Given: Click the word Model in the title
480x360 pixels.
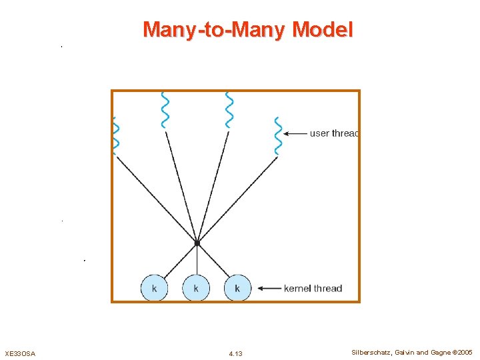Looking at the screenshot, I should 323,30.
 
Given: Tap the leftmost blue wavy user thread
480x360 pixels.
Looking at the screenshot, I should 115,136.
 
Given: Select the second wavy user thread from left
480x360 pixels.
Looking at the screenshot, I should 165,110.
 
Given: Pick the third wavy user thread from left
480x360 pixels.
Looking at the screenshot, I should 229,110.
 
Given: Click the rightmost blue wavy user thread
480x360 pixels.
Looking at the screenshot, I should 278,136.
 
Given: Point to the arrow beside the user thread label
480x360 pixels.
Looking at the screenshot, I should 295,134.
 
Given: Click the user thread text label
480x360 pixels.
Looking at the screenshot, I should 334,133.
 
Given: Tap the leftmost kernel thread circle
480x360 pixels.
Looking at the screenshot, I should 155,289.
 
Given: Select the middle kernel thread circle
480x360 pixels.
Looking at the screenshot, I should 196,289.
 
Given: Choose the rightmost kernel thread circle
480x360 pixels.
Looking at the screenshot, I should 237,289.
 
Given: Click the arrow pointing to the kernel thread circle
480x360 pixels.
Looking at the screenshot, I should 268,289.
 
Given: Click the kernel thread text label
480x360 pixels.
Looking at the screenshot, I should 313,289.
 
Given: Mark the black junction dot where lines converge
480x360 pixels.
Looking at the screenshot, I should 197,243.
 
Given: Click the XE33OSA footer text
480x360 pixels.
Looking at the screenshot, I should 20,353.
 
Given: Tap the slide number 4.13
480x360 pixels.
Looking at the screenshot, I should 235,353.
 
